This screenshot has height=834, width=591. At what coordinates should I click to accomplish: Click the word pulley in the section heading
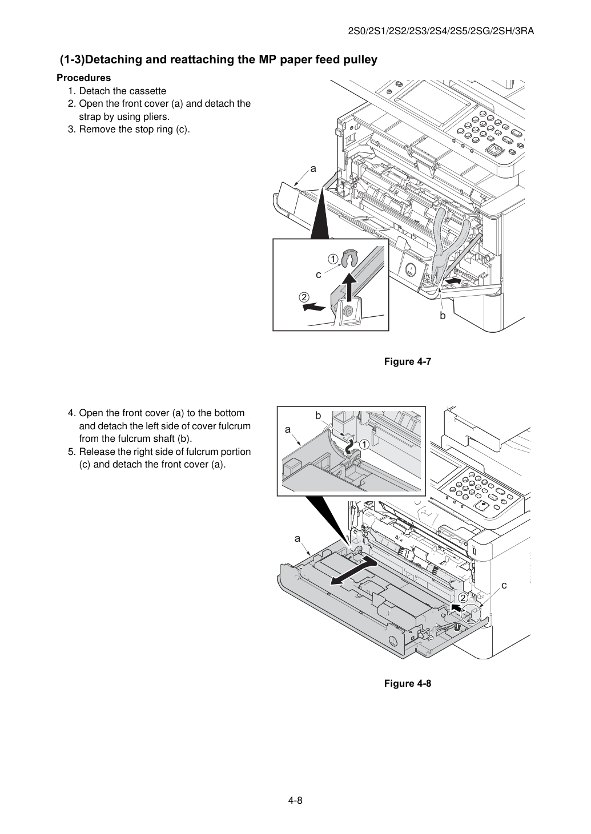358,60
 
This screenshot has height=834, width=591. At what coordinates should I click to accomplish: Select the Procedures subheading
84,78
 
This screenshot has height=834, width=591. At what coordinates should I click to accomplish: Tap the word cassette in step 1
144,91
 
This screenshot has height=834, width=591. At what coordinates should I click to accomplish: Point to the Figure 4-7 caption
407,361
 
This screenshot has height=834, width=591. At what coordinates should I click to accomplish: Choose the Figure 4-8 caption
407,683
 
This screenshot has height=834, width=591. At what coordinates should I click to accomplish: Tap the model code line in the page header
441,31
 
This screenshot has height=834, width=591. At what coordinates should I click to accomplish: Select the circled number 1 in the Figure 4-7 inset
332,259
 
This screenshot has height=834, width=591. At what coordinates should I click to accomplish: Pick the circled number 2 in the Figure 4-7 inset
304,297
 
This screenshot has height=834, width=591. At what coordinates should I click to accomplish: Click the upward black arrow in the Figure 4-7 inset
348,287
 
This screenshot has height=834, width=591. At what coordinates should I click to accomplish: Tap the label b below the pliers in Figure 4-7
443,316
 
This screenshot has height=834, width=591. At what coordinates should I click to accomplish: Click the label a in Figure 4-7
313,169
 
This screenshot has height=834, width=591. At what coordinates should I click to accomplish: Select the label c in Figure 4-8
504,586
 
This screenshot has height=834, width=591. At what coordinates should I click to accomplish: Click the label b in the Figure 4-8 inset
318,416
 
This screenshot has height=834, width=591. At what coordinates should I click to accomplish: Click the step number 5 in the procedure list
71,452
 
